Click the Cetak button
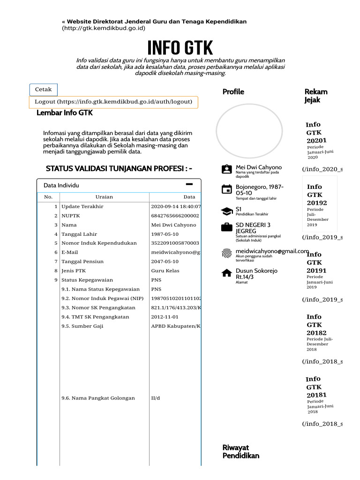[44, 90]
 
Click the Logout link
[113, 102]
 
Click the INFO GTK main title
[180, 48]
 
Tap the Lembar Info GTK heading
[65, 113]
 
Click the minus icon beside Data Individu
[189, 184]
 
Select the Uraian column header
[104, 197]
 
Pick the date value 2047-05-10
[165, 262]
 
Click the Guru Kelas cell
[165, 271]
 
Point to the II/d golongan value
[156, 398]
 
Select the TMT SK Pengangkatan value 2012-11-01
[165, 317]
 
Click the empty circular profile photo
[249, 131]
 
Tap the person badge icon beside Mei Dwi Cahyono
[226, 169]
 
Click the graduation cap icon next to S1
[226, 211]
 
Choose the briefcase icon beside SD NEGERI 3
[226, 227]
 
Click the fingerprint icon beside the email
[226, 254]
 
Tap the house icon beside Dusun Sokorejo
[226, 273]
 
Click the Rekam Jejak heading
[316, 96]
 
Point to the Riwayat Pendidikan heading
[240, 451]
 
